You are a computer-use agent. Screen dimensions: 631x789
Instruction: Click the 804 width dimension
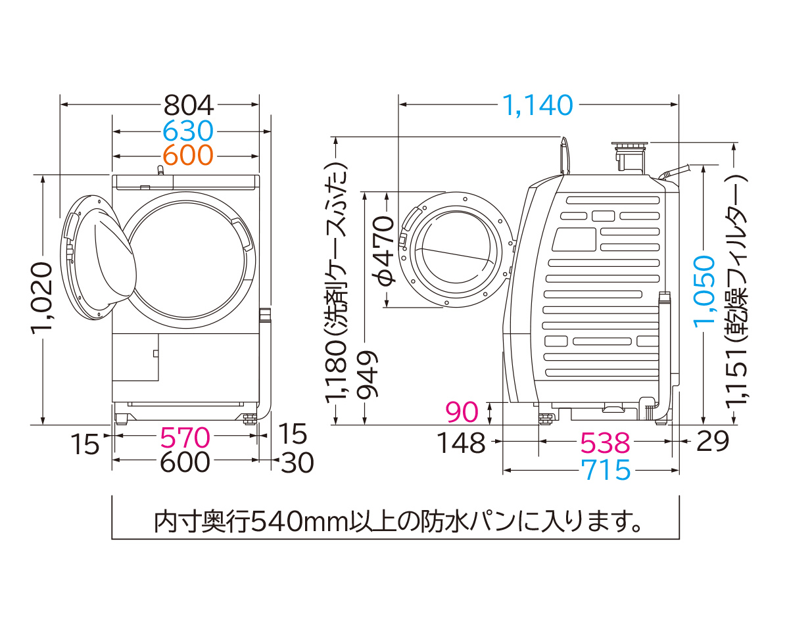(x=188, y=105)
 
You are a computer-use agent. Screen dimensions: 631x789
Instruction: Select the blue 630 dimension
(x=188, y=131)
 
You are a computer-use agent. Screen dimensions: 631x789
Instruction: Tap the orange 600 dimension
(x=188, y=156)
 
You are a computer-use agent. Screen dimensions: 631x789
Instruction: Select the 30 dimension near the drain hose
(x=298, y=463)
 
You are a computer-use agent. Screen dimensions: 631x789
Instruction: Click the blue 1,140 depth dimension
(x=538, y=105)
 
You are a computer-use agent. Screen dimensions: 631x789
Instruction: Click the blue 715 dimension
(x=605, y=470)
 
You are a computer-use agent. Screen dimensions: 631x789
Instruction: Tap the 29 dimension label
(x=713, y=442)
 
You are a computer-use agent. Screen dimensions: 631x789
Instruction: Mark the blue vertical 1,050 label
(x=704, y=289)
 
